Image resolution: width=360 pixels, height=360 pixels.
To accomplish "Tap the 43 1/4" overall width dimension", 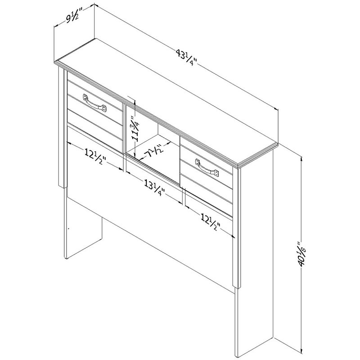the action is point(186,57).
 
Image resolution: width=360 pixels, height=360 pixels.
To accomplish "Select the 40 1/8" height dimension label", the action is point(301,254).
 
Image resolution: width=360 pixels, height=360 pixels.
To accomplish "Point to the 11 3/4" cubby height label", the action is point(135,128).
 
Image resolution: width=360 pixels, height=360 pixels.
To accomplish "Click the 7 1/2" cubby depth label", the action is point(155,151).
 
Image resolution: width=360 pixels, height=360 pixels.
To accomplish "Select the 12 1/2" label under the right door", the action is point(210,222).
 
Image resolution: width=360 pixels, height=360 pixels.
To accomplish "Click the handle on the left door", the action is point(95,103).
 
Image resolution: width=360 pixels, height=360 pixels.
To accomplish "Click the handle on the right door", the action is point(207,167).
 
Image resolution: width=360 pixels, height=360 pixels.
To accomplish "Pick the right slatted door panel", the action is point(207,177).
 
